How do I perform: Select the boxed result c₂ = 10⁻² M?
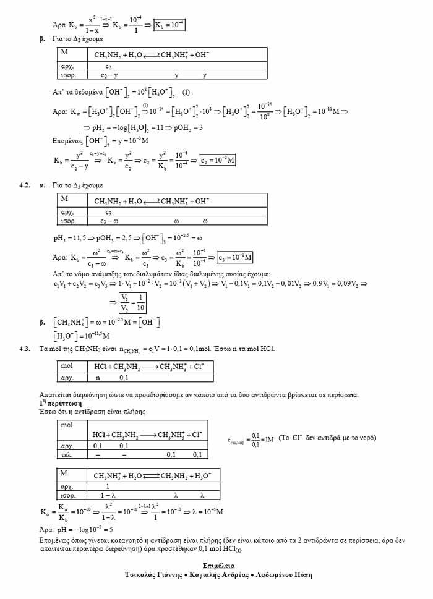(217, 161)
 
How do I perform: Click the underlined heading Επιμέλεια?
(218, 566)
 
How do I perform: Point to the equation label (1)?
(186, 92)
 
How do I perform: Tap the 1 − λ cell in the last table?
(109, 496)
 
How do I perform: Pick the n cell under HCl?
(97, 376)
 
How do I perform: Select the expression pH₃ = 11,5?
(72, 237)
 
